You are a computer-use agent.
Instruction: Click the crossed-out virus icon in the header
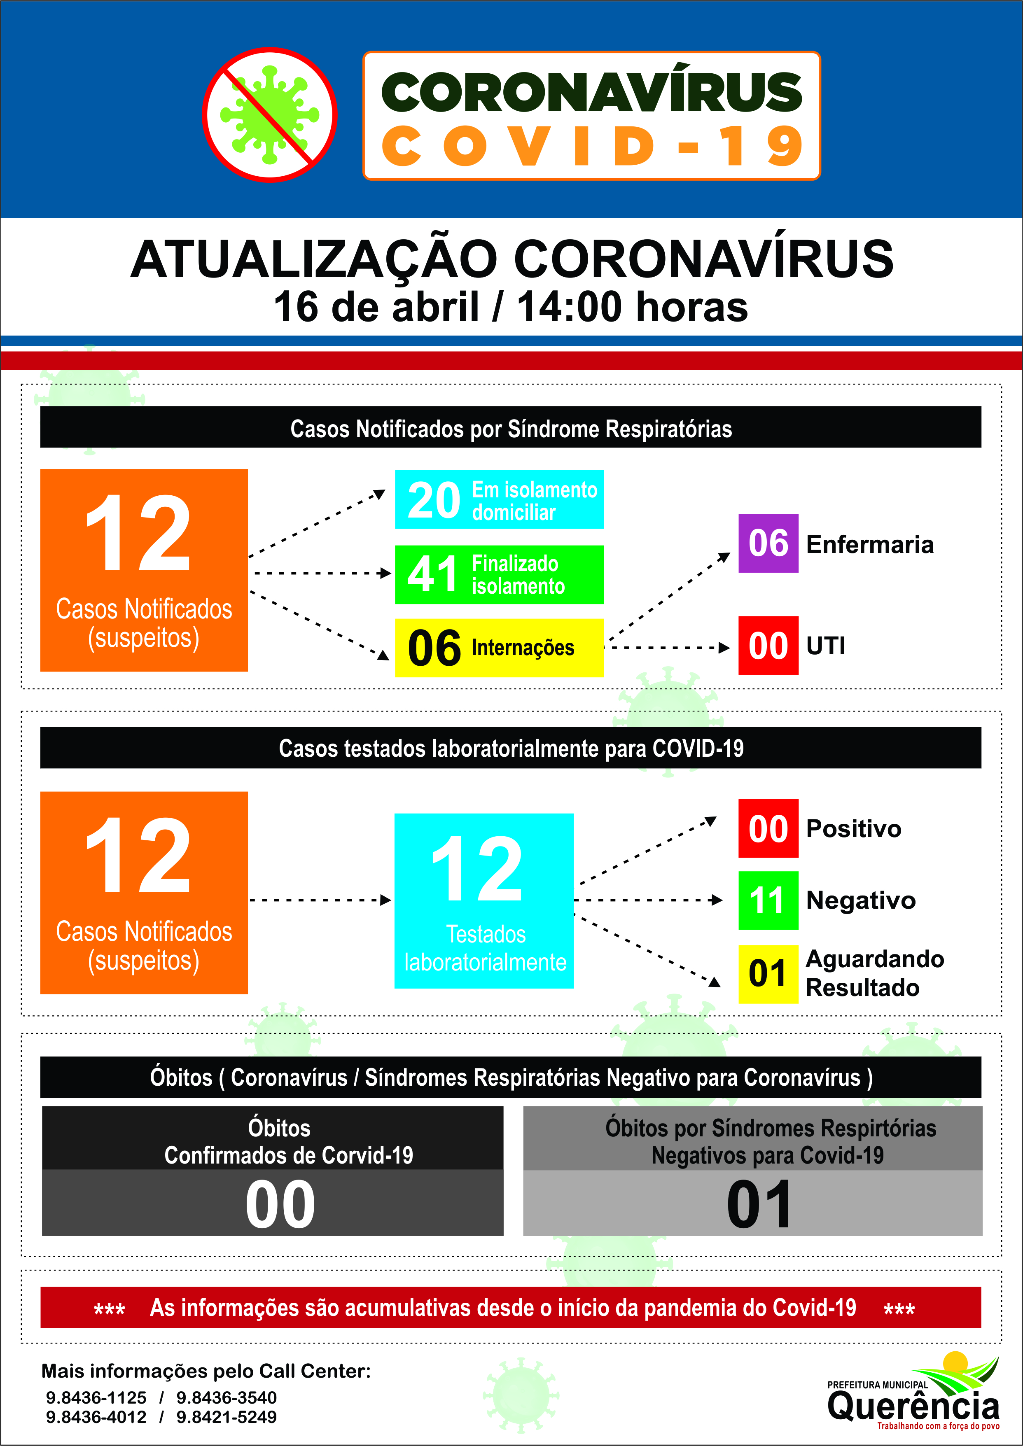click(270, 114)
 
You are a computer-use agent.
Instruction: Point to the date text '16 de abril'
click(376, 307)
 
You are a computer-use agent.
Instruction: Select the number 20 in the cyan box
click(433, 500)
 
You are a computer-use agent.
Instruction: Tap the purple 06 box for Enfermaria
click(768, 543)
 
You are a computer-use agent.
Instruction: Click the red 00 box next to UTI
click(768, 646)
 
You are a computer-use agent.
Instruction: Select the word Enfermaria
click(869, 545)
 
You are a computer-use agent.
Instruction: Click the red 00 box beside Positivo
click(768, 828)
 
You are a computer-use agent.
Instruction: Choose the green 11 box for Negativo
click(768, 900)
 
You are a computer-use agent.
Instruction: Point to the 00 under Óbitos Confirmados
click(280, 1204)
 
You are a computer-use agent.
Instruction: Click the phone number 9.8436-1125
click(96, 1397)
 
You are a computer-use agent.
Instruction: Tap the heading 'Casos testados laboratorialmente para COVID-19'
click(511, 748)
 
